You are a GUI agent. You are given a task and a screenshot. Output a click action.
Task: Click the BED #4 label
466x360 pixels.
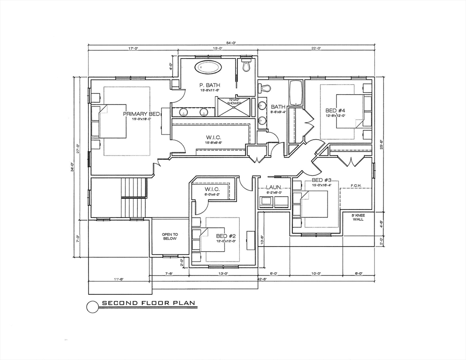tap(335, 111)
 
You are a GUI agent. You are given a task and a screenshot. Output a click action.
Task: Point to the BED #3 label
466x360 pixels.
tap(322, 180)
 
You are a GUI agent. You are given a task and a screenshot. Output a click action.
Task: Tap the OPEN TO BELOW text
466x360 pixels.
tap(170, 236)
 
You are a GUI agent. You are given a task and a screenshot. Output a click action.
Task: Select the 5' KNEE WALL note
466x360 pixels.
tap(358, 217)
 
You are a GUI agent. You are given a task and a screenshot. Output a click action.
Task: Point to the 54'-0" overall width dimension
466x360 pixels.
tap(231, 43)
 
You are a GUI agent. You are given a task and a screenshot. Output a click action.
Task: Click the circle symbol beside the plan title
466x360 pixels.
tap(93, 306)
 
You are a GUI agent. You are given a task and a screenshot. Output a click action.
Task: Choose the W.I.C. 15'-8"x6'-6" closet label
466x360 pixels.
tap(214, 139)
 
